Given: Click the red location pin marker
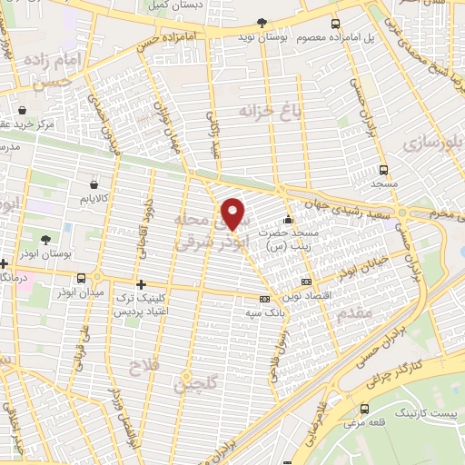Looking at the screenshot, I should click(233, 213).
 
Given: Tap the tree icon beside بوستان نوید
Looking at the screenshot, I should click(262, 23).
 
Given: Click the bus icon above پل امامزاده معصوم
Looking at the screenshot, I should click(335, 24).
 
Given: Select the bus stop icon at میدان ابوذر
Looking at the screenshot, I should click(83, 278).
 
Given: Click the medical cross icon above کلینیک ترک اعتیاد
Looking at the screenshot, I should click(140, 284).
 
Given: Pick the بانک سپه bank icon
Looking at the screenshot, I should click(264, 299).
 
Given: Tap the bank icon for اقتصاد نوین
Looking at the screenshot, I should click(305, 282).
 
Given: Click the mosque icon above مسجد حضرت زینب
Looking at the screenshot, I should click(289, 219).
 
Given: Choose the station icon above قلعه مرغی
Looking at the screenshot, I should click(364, 410).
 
